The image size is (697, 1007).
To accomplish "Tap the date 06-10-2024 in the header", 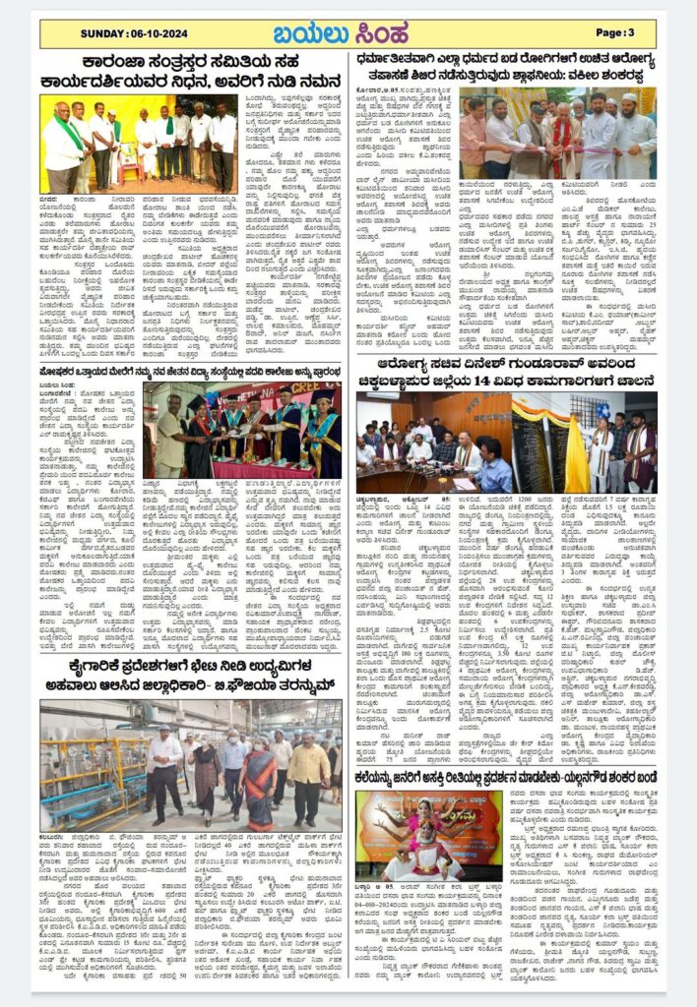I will pos(124,32).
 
